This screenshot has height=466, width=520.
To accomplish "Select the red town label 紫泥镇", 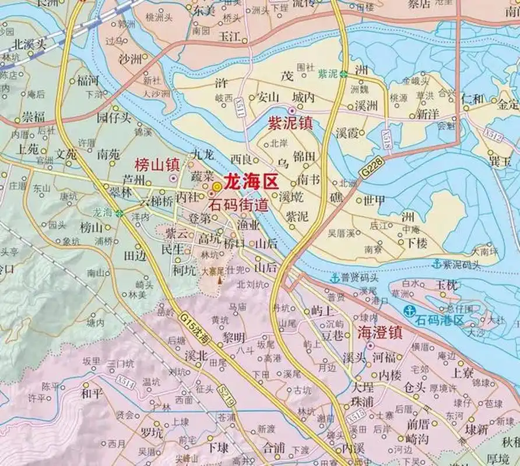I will point(290,123).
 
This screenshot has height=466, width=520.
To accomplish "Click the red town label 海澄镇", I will point(379,332).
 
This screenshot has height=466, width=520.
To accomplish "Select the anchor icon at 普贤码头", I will point(335,278).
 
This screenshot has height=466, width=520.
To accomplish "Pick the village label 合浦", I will point(273,447).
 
